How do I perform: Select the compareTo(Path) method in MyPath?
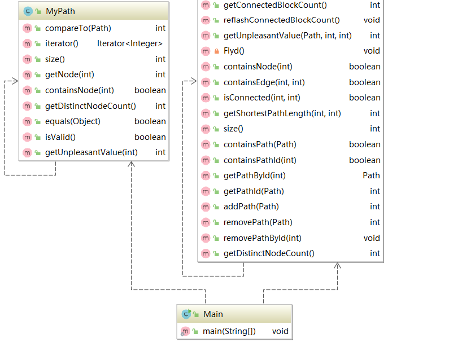77,28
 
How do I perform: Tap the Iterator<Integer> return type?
131,43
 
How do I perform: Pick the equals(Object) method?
72,121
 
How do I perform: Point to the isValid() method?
60,137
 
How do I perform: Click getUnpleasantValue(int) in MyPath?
91,152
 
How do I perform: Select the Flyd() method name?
234,51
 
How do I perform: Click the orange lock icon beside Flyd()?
217,51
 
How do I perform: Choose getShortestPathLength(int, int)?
282,113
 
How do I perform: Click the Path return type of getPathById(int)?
371,175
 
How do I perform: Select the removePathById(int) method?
262,238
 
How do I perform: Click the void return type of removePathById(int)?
372,238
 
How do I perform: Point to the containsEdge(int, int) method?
264,82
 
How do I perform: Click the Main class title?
213,314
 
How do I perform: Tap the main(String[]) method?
229,331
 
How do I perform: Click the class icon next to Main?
186,314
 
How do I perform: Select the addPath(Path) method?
251,207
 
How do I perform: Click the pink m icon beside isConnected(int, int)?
206,98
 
